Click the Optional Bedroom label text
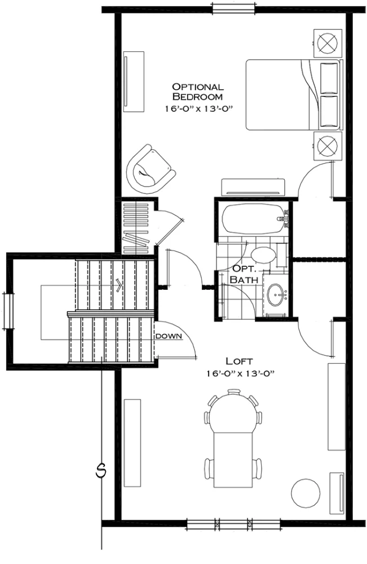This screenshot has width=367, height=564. pos(198,91)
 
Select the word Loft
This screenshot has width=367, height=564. pos(239,361)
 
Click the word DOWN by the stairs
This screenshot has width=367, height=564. pos(168,336)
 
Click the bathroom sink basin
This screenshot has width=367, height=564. pos(276,294)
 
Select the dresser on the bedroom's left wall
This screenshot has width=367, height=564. pos(134,82)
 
